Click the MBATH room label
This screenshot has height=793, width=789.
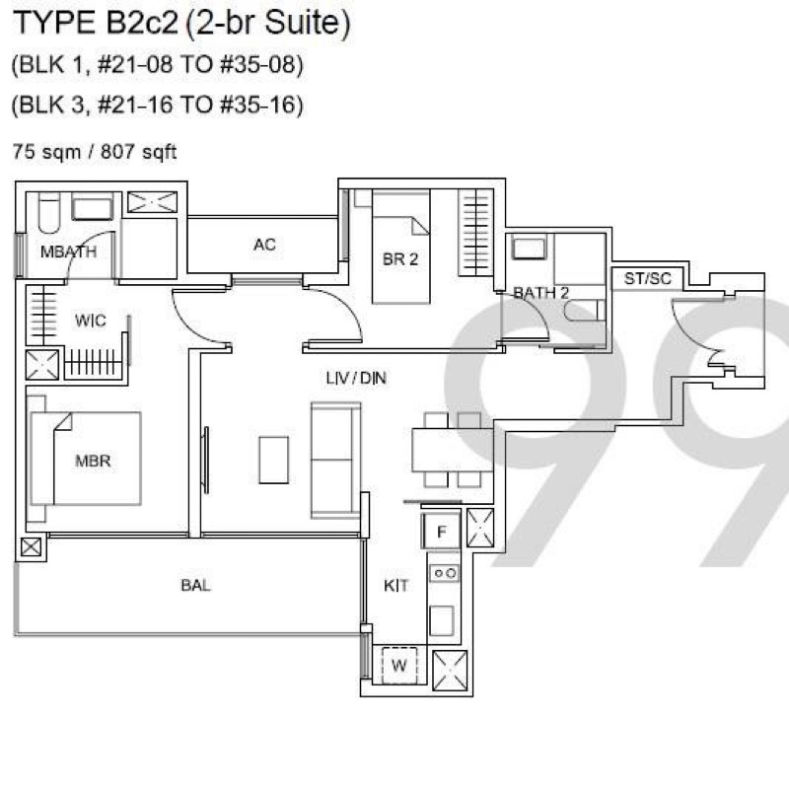(68, 252)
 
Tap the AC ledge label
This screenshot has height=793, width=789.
(263, 245)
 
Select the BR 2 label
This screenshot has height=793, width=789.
(400, 259)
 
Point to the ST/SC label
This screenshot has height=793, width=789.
(647, 279)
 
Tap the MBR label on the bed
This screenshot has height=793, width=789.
(92, 461)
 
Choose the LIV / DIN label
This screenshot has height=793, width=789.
(355, 378)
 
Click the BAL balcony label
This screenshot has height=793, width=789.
(195, 585)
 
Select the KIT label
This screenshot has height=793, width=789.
(395, 586)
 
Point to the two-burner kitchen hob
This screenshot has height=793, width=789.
(443, 572)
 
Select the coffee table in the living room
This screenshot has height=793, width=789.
(273, 460)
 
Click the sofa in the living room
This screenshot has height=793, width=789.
(335, 460)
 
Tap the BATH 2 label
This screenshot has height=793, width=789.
(540, 293)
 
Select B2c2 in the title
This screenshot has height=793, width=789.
(140, 24)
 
